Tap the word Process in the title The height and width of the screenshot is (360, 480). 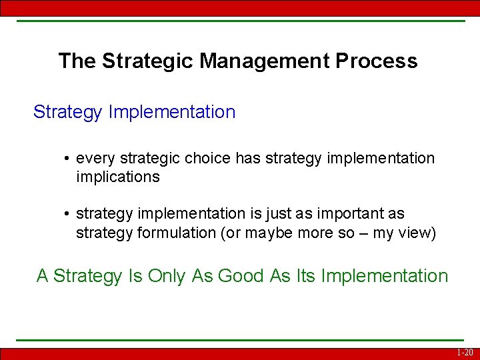click(377, 61)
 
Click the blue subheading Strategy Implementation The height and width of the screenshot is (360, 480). click(134, 112)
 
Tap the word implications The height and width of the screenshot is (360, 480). click(118, 177)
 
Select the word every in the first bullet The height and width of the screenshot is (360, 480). click(95, 159)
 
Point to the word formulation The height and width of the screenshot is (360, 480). click(172, 233)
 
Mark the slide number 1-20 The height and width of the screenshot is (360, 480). click(465, 353)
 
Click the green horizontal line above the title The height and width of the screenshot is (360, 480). click(240, 21)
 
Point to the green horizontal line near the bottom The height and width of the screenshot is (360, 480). click(240, 341)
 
